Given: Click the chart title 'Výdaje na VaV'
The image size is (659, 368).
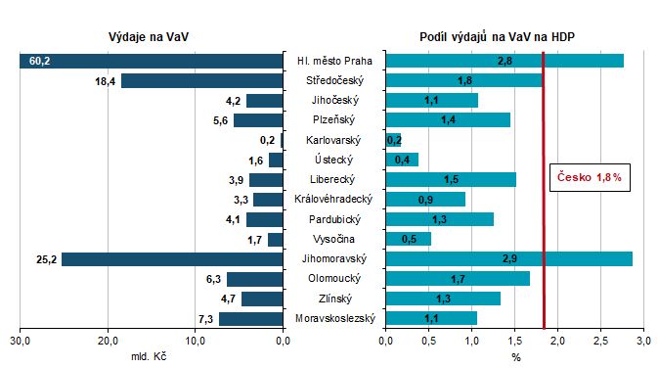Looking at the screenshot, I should tap(150, 36).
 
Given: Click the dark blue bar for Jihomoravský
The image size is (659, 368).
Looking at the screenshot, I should tap(172, 259).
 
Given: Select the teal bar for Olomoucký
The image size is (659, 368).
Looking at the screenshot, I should tap(458, 279).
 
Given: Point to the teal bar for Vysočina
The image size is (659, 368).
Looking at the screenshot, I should tap(409, 239).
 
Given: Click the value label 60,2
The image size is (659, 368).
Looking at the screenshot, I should tap(39, 61).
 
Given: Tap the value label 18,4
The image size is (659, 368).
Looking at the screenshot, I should tap(106, 80).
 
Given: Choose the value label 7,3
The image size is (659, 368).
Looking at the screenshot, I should tap(205, 319).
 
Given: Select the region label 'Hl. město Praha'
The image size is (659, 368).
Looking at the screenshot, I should tap(332, 61).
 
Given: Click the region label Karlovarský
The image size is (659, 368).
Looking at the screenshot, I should tap(332, 140).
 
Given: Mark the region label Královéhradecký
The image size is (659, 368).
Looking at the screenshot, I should tap(332, 200).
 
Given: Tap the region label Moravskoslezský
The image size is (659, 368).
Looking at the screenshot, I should tap(332, 318).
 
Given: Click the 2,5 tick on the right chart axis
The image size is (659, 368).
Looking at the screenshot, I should tap(600, 341).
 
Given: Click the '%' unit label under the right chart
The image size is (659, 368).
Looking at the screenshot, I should tap(515, 356).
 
